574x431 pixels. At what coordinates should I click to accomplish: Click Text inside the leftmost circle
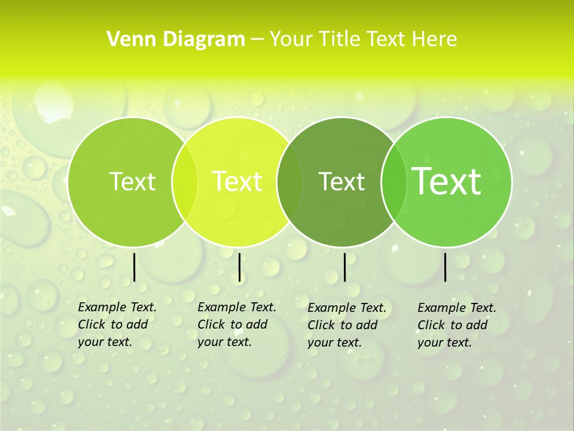click(132, 181)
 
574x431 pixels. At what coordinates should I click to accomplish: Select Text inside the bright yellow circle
click(237, 181)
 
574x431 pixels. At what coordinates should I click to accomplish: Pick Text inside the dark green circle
click(342, 181)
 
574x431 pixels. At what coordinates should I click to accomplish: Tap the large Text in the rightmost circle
click(447, 181)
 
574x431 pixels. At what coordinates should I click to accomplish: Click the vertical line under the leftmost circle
click(134, 267)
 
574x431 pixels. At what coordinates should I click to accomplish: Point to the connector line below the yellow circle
click(239, 267)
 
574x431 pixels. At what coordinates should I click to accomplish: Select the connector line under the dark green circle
click(344, 267)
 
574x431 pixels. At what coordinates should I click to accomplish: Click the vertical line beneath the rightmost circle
click(445, 267)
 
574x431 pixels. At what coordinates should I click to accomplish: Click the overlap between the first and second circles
click(185, 181)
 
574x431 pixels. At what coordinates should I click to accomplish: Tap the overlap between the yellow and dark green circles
click(290, 181)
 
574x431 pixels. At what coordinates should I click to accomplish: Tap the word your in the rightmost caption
click(430, 342)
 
